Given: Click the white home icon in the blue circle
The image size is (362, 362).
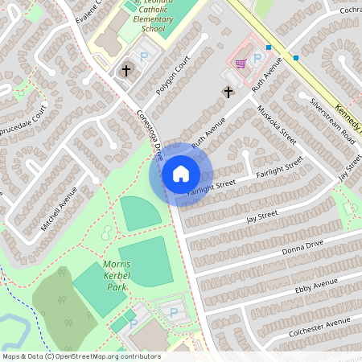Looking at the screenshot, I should pos(180,173).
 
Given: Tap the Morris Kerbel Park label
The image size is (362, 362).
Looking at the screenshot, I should pos(117,275).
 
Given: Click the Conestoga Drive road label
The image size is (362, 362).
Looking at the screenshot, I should pos(150,130).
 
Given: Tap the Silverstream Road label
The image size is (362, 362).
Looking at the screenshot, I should pos(332,121).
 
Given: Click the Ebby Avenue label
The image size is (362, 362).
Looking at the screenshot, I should pos(316,286).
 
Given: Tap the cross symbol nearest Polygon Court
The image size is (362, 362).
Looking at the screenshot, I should pos(125,71).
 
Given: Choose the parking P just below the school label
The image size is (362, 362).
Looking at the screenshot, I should pos(145,57).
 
